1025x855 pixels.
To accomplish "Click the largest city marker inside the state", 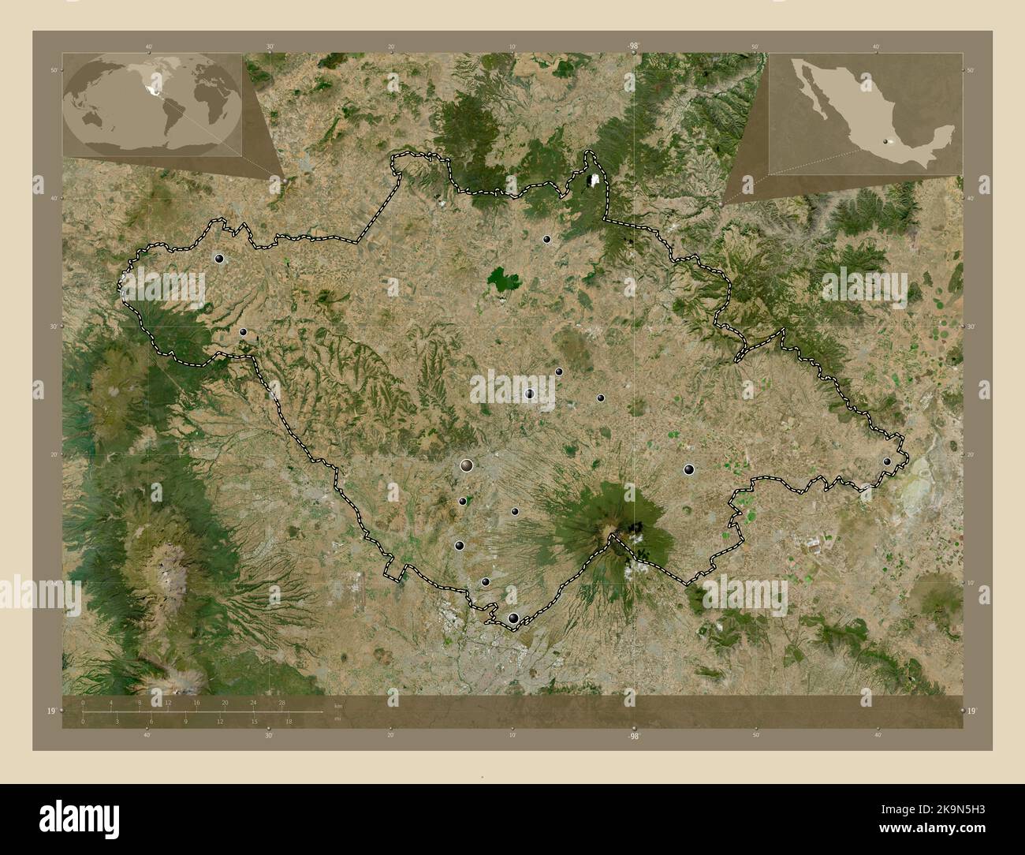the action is coord(468,466).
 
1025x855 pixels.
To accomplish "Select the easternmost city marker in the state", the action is coord(887,461).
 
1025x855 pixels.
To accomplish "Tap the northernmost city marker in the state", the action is coord(546,239).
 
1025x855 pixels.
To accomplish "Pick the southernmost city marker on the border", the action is coord(514,619).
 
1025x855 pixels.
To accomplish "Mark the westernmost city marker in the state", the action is coord(218,258).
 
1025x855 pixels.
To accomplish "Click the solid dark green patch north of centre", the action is coord(503,279).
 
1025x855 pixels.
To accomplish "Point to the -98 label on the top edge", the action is coord(633,47).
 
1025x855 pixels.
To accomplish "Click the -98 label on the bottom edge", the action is coord(633,735).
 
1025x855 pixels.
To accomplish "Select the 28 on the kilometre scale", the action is coord(281,702).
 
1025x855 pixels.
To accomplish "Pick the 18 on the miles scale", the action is coord(289,721).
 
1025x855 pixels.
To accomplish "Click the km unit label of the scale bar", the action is coord(338,705).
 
